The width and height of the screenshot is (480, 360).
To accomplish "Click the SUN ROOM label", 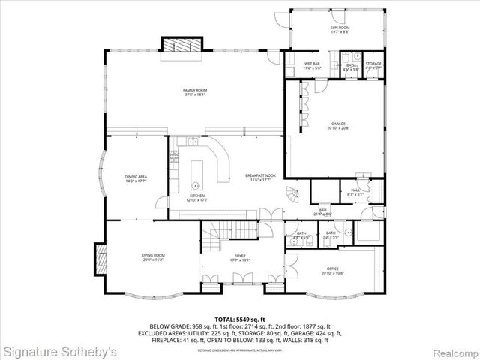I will (x=340, y=28).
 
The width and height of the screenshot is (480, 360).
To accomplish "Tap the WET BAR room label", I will (x=312, y=63).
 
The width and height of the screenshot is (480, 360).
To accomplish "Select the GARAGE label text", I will (x=338, y=123).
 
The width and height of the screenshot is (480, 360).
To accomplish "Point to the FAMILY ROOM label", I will (x=194, y=90).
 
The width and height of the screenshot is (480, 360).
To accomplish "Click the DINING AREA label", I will (x=136, y=176).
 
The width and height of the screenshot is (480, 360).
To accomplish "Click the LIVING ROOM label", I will (x=153, y=256).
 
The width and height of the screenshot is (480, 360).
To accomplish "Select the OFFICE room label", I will (x=333, y=268).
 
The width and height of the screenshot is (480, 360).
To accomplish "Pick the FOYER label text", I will (x=240, y=256).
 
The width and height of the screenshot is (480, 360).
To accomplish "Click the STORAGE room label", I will (x=373, y=64).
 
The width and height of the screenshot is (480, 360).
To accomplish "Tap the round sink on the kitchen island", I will (x=196, y=184).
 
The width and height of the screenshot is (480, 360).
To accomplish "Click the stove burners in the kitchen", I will (x=173, y=157).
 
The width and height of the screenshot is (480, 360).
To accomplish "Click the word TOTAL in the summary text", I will (x=224, y=319).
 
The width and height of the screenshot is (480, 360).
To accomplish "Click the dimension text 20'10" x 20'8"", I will (x=338, y=128).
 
